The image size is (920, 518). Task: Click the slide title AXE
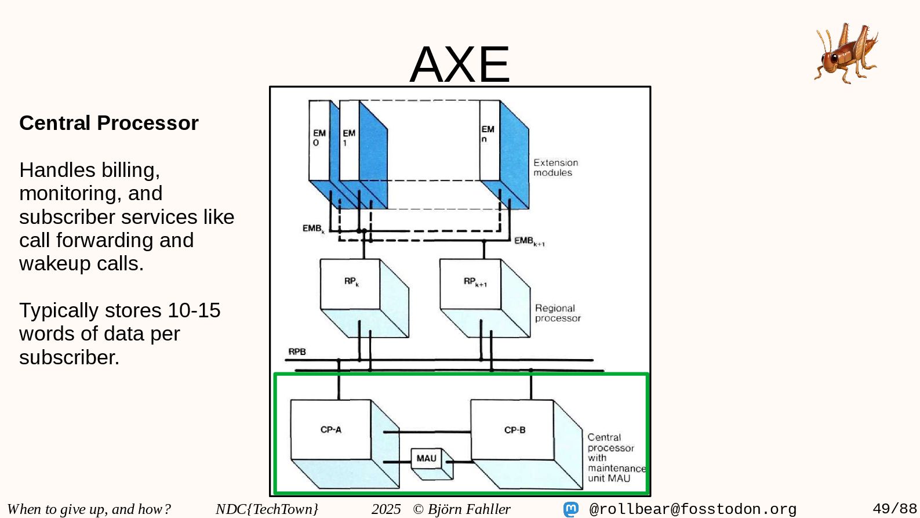[x=460, y=64]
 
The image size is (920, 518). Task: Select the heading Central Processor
[x=109, y=123]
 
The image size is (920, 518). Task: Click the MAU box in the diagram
[x=426, y=458]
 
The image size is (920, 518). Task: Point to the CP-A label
[x=331, y=430]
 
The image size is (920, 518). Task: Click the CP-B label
[x=515, y=430]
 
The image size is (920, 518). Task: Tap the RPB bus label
[x=297, y=352]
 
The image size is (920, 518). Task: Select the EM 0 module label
[x=319, y=137]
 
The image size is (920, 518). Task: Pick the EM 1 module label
[x=348, y=137]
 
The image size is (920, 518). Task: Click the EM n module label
[x=488, y=134]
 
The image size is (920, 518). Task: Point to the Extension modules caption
[x=555, y=168]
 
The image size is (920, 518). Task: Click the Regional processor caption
[x=557, y=313]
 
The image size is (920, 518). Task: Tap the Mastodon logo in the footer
[x=571, y=509]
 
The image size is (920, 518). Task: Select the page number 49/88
[x=894, y=509]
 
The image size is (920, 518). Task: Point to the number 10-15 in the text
[x=194, y=310]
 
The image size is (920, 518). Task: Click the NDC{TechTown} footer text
[x=267, y=509]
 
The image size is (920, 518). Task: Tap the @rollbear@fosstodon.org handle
[x=693, y=509]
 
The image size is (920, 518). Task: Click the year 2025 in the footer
[x=386, y=509]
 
